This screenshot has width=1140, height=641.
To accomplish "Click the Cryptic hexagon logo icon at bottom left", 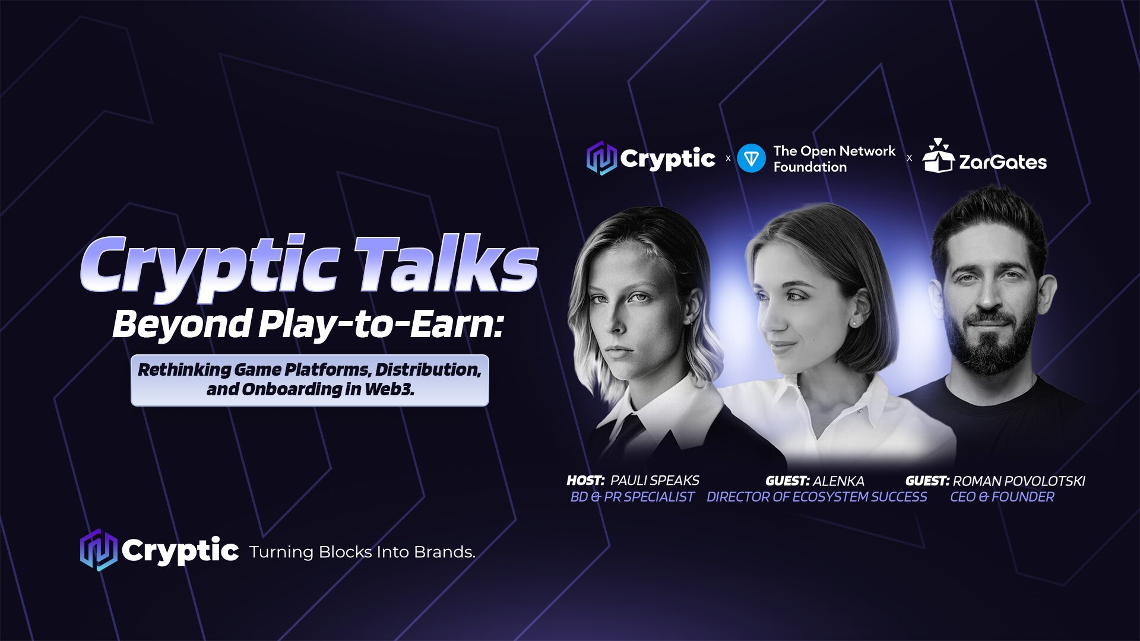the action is (x=99, y=550).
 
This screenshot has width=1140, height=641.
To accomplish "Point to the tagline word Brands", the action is (x=445, y=552).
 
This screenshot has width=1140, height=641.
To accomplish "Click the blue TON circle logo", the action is (x=751, y=158).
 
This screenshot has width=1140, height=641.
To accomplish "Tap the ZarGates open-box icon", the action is (x=938, y=156).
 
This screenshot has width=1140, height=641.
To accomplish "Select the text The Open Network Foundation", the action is (x=834, y=159).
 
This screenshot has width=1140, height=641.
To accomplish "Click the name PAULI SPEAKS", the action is (x=655, y=480).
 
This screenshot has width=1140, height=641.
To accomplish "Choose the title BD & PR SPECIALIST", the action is (x=632, y=497).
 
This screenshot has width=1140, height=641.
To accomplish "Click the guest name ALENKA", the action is (x=838, y=481).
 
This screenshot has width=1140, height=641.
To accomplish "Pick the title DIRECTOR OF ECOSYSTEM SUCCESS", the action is (x=817, y=497).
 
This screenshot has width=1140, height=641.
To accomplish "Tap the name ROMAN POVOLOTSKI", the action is (x=1019, y=481).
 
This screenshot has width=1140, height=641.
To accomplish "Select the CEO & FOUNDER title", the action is (x=1002, y=497).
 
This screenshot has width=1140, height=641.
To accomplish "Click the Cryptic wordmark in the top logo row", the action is (x=668, y=159).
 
